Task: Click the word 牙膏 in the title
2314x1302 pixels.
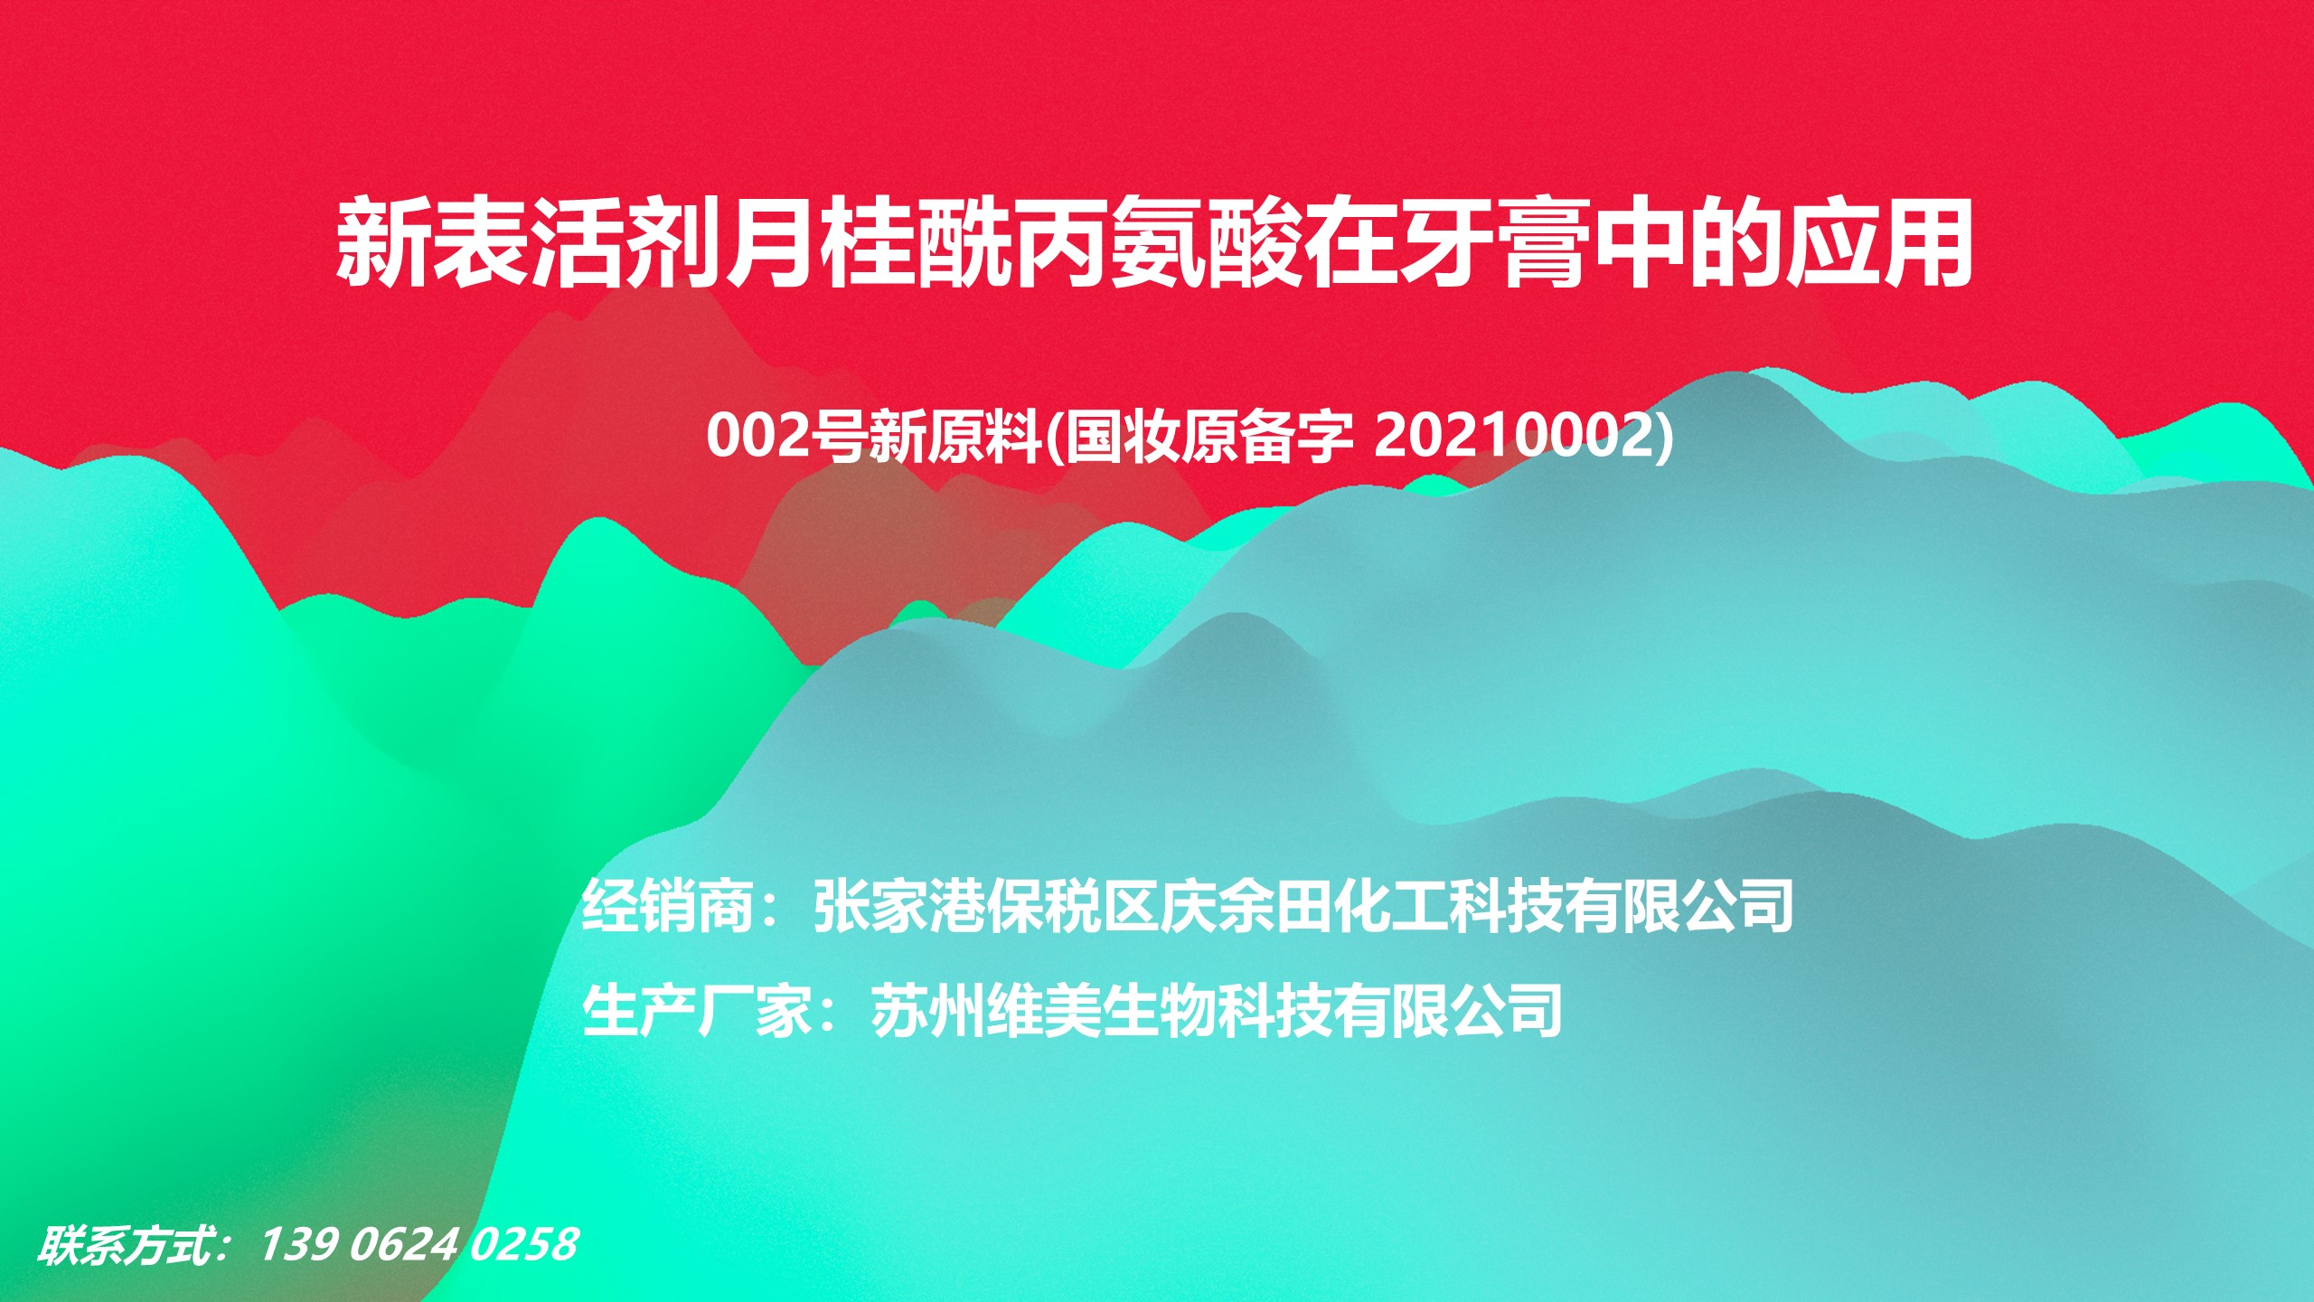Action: pos(1491,246)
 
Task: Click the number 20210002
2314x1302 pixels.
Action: pos(1514,437)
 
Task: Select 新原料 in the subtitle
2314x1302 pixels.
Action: pos(955,437)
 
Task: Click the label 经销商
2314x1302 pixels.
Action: pos(669,906)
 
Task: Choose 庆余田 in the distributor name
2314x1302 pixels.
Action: pos(1246,906)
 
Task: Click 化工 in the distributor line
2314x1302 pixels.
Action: pos(1391,906)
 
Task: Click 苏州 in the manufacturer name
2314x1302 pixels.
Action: pos(928,1010)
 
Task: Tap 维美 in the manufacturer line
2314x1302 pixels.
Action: pos(1044,1010)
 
